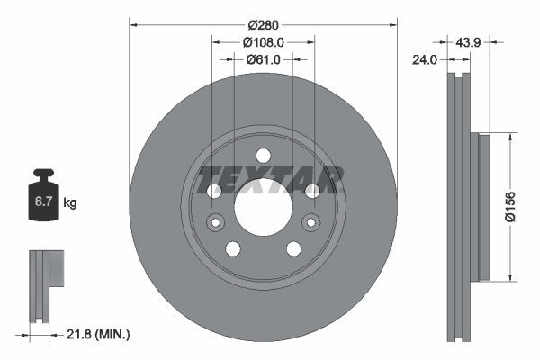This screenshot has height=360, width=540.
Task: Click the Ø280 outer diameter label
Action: pos(262,23)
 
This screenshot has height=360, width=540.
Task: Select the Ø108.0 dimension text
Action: pos(263,41)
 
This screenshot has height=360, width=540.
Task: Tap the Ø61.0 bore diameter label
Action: pos(263,59)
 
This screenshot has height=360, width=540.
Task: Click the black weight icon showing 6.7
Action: pos(43,200)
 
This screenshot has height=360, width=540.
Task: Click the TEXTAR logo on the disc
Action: pos(270,178)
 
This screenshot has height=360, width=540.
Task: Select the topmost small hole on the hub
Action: pos(263,154)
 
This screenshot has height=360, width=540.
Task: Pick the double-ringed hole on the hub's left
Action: pos(215,223)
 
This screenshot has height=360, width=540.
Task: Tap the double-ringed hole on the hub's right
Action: pos(310,223)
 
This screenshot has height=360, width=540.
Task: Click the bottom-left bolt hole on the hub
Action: pos(232,248)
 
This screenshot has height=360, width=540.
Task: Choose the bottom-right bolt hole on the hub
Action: pos(293,248)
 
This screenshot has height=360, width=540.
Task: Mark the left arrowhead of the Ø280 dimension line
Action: pos(134,23)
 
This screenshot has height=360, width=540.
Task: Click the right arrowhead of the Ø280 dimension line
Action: pos(392,23)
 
